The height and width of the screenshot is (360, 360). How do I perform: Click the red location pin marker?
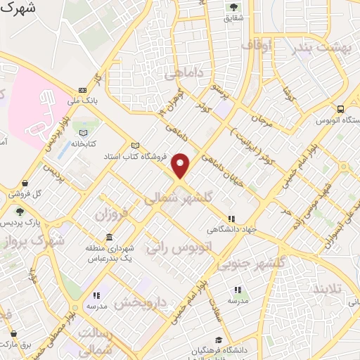(x=181, y=165)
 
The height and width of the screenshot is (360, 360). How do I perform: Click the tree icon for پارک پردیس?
(x=19, y=211)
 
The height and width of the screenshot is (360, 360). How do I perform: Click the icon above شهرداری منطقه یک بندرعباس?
(x=109, y=236)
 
